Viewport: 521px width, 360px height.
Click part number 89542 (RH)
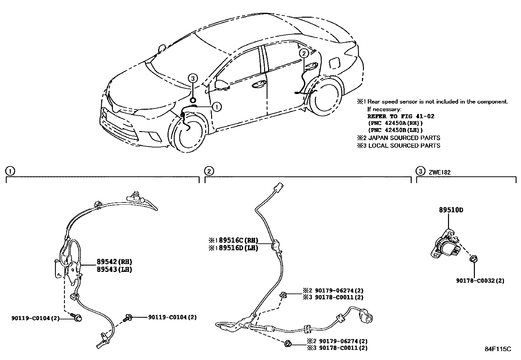coord(114,262)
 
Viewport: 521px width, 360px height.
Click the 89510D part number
coord(451,210)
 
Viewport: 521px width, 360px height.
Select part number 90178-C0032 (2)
coord(480,281)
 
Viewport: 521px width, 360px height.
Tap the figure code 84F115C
coord(497,349)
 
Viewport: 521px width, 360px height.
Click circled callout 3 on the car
coord(193,78)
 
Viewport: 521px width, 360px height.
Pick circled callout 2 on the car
coord(304,53)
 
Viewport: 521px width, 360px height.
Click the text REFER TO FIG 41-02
coord(401,116)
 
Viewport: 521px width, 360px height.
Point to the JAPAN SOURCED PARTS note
coord(404,138)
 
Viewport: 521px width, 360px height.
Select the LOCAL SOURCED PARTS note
coord(404,145)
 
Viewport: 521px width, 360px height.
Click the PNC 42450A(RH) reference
coord(395,123)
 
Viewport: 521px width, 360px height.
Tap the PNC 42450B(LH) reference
coord(395,130)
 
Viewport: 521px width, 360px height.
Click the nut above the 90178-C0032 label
coord(473,259)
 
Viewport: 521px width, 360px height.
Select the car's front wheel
coord(188,133)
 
